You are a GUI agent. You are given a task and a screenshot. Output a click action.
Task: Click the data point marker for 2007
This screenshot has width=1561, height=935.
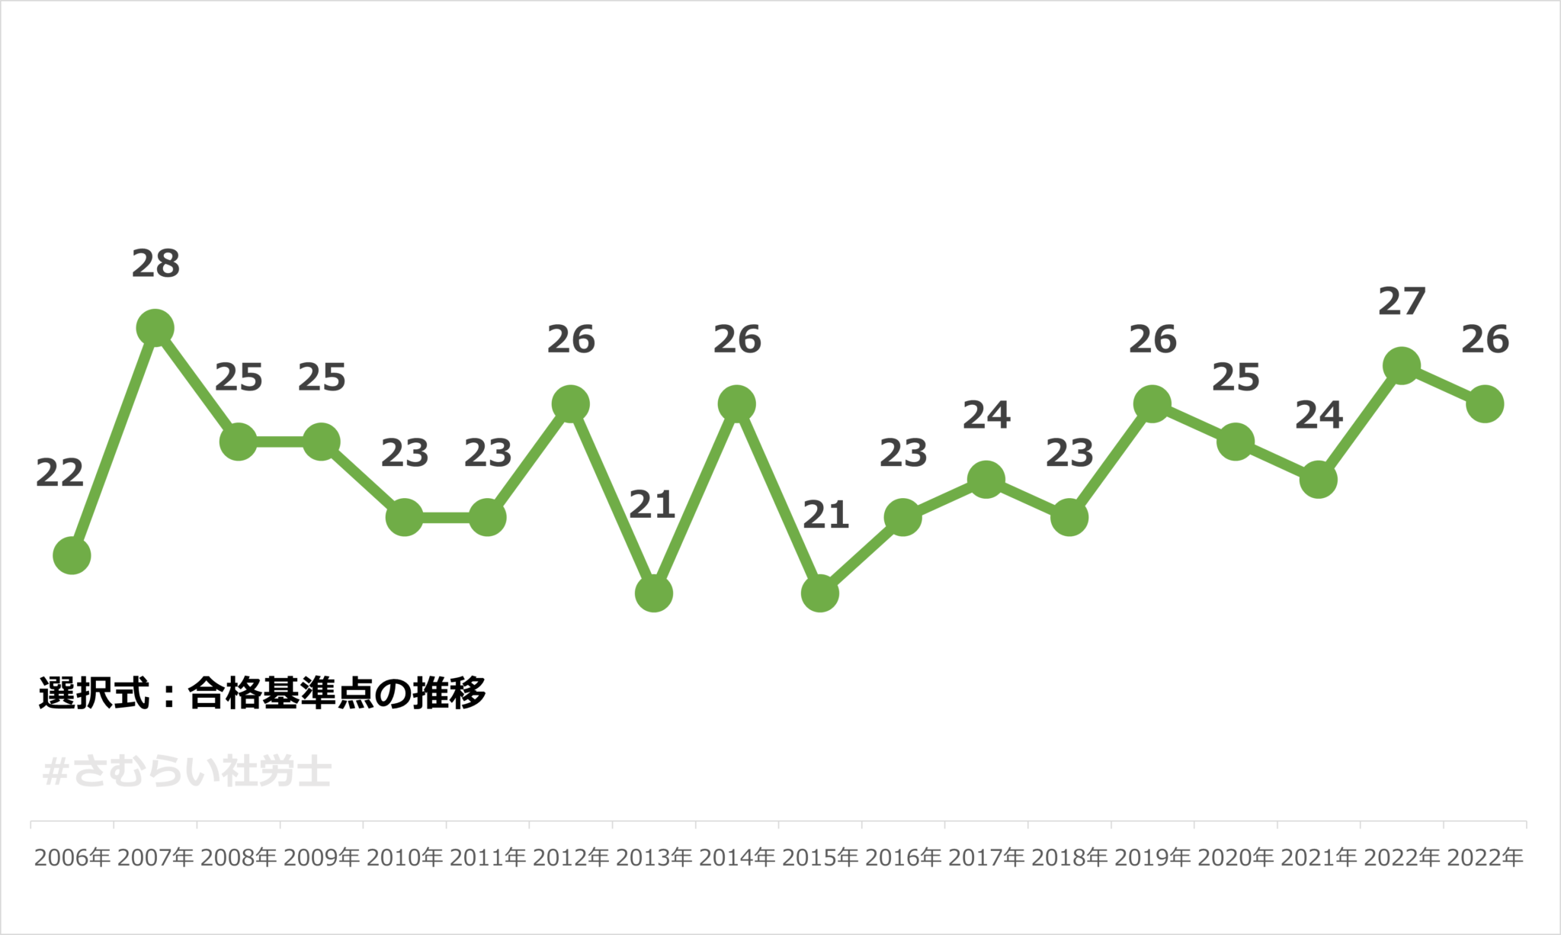coord(155,329)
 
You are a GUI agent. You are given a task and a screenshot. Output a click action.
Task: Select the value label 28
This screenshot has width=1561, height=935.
coord(155,264)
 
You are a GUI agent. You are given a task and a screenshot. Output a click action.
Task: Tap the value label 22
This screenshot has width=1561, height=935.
coord(59,474)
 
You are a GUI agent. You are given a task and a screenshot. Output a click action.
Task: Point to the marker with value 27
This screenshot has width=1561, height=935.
coord(1402,366)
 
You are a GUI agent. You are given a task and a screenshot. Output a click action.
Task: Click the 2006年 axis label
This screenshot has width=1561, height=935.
coord(72,858)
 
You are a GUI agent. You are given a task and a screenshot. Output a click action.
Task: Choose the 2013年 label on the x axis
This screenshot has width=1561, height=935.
coord(654,858)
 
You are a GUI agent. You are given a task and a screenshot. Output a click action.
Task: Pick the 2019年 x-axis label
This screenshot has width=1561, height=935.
coord(1152,858)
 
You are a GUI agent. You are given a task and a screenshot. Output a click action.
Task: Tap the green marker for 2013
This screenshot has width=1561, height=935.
coord(654,593)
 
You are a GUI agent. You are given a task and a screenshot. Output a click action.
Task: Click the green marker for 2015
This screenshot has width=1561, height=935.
coord(820,593)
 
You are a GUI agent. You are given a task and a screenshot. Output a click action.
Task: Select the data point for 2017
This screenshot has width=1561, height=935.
coord(986,480)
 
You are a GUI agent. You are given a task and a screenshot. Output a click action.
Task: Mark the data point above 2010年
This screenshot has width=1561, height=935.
coord(405,518)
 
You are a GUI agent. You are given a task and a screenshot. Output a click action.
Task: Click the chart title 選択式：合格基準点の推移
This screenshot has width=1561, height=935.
coord(262,693)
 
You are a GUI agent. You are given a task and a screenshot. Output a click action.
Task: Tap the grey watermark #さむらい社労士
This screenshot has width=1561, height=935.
coord(188,772)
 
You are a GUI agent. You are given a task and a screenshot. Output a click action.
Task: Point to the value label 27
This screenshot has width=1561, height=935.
coord(1402,302)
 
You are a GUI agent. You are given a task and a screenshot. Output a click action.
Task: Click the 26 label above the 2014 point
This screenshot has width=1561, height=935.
coord(737,340)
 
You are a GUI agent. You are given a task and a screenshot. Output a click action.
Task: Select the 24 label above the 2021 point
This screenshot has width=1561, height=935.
coord(1319,416)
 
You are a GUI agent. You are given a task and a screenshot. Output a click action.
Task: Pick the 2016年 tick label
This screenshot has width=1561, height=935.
coord(903,858)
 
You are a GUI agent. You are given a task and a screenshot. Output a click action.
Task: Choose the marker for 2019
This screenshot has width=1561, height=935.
coord(1152,404)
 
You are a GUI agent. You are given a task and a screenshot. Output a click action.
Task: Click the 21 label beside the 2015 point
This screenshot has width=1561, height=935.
coord(826,516)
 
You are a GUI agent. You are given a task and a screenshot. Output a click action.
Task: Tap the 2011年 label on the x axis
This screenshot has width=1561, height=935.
coord(488,858)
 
